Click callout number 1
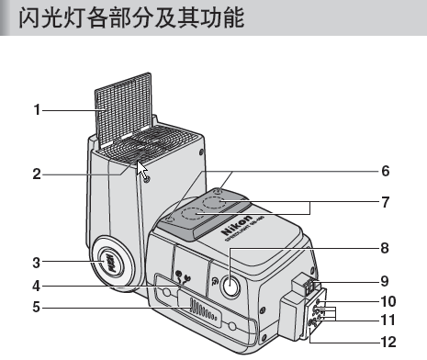click(37, 110)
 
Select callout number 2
click(37, 174)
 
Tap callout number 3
click(37, 263)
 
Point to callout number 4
click(37, 286)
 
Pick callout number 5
click(37, 307)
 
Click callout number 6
click(386, 171)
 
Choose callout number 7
click(386, 202)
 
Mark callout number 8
click(385, 248)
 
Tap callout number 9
click(385, 281)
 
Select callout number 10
click(388, 301)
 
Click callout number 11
click(388, 321)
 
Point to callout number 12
click(388, 342)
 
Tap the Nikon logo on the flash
click(237, 225)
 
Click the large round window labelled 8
click(230, 286)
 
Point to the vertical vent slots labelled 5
click(204, 309)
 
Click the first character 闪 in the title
click(30, 17)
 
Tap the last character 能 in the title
click(233, 17)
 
